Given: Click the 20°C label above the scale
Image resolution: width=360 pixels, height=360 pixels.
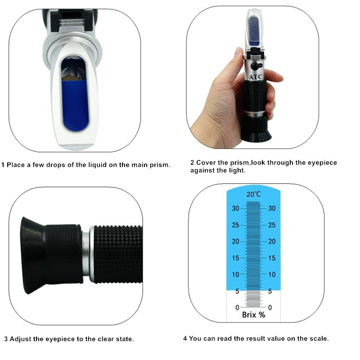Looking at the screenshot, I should coord(254,194).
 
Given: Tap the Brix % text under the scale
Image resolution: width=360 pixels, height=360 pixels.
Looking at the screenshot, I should coord(254,315).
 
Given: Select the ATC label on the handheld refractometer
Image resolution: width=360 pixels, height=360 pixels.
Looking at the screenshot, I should coord(255,77).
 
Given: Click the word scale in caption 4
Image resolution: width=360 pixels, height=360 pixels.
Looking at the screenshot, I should coord(318,338).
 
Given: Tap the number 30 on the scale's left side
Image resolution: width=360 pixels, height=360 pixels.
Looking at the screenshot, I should coord(235,208).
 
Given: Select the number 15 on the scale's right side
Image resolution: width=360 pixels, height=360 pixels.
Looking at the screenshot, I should coord(272,258).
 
